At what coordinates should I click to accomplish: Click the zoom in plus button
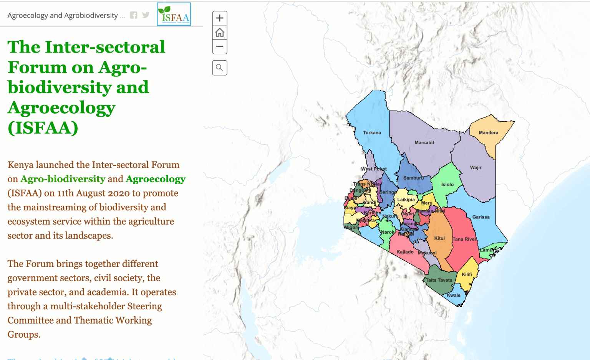coord(220,18)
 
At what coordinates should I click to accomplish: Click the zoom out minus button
coord(220,47)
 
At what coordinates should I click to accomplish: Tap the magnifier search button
coord(220,68)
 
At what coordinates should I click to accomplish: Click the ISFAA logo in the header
coord(174,15)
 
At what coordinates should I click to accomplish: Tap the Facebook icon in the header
coord(133,15)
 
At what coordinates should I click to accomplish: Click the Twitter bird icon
coord(146,15)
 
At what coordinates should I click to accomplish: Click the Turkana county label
coord(372,133)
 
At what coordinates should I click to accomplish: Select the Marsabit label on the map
coord(424,143)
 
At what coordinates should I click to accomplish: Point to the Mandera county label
coord(488,133)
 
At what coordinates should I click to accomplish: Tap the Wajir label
coord(476,168)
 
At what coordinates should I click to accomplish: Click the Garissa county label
coord(481,217)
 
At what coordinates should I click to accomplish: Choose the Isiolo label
coord(447,185)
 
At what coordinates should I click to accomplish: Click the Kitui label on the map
coord(439,238)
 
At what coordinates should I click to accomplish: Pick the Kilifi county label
coord(467,274)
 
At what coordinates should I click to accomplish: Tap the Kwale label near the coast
coord(454,296)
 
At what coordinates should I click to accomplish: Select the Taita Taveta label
coord(439,280)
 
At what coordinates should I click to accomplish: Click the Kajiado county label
coord(405,252)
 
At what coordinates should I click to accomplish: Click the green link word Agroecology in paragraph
coord(155,179)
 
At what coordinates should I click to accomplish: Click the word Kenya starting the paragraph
coord(20,165)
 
